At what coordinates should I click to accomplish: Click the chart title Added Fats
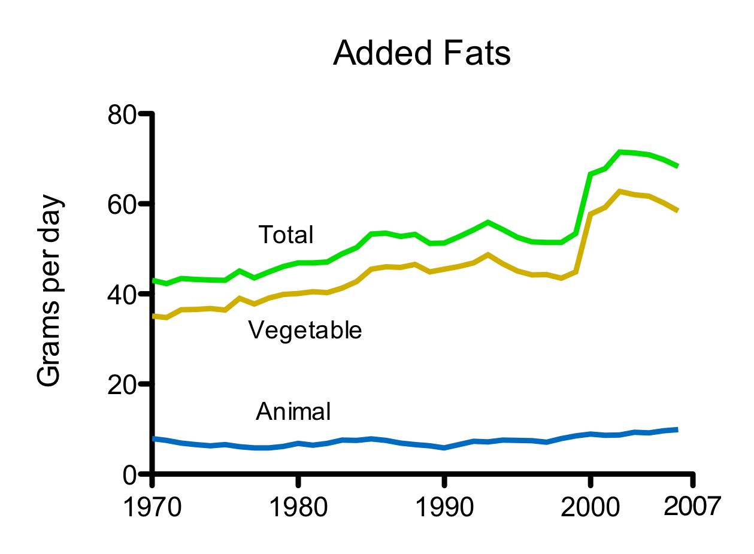click(422, 53)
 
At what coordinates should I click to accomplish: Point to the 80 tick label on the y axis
click(123, 114)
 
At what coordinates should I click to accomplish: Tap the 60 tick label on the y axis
click(123, 204)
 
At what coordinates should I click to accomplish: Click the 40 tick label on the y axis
click(123, 294)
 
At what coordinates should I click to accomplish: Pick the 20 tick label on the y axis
click(123, 384)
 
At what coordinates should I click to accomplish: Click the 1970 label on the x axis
click(153, 508)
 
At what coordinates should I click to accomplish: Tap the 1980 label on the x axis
click(298, 508)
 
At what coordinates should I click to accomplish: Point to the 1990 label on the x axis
click(444, 508)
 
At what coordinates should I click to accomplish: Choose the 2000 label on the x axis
click(590, 508)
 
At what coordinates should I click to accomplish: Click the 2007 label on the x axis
click(692, 507)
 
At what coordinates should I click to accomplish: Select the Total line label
click(286, 235)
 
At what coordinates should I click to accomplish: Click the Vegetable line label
click(305, 330)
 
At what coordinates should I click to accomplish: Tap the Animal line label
click(293, 412)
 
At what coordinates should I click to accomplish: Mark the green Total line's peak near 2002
click(620, 152)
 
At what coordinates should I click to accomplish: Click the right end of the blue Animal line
click(677, 429)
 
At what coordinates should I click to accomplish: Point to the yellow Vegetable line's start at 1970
click(154, 316)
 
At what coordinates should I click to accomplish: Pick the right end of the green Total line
click(677, 166)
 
